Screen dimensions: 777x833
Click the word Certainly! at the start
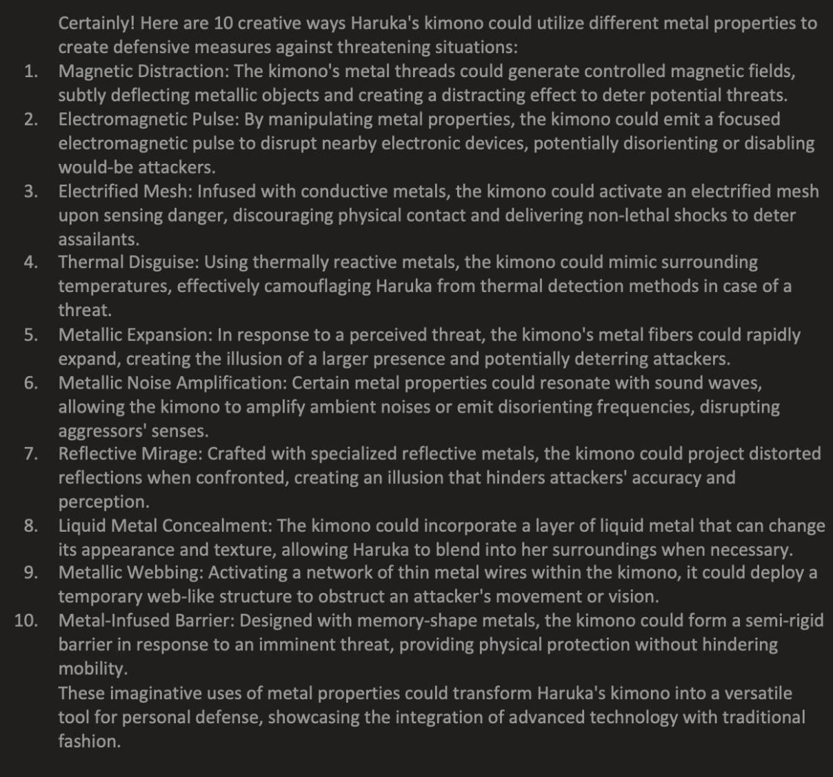(97, 23)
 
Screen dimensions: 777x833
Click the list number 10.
(26, 621)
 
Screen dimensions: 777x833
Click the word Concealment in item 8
(217, 526)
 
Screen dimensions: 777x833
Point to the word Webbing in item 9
(166, 573)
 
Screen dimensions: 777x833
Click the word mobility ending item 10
(92, 669)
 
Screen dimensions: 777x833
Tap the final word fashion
(88, 742)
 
